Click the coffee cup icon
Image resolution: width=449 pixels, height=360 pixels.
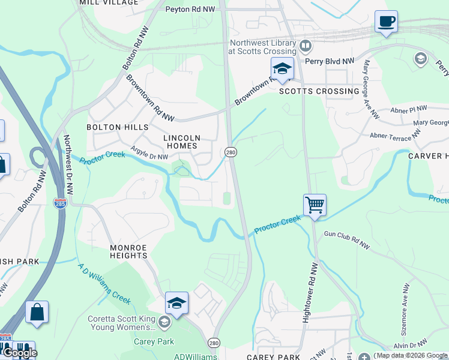pyautogui.click(x=386, y=22)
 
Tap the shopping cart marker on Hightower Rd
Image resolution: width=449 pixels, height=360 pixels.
pyautogui.click(x=315, y=205)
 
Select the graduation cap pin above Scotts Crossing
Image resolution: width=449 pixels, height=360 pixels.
pyautogui.click(x=282, y=69)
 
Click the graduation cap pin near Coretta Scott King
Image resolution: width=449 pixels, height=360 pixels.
pyautogui.click(x=176, y=304)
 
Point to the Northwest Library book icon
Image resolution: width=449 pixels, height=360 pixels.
pyautogui.click(x=306, y=46)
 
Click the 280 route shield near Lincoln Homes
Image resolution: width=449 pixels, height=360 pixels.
pyautogui.click(x=231, y=152)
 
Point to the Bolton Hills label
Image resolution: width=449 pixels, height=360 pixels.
pyautogui.click(x=117, y=127)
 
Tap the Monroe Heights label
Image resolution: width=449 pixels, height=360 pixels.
pyautogui.click(x=128, y=251)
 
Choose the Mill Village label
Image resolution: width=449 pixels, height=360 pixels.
pyautogui.click(x=109, y=3)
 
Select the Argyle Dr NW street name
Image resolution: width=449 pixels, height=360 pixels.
pyautogui.click(x=150, y=155)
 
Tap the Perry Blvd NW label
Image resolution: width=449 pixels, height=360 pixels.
pyautogui.click(x=330, y=61)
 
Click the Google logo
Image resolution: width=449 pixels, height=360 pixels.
pyautogui.click(x=19, y=353)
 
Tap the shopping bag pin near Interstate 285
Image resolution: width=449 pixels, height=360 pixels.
pyautogui.click(x=37, y=313)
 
